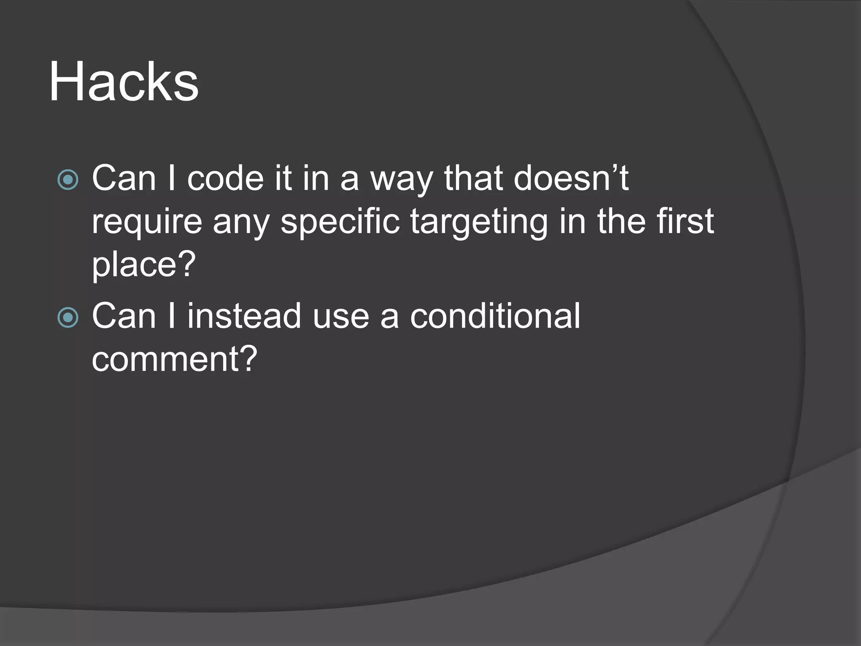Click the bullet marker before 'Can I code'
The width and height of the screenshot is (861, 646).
[x=68, y=180]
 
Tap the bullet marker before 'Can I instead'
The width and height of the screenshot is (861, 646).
[x=68, y=318]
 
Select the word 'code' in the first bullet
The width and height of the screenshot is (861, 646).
[x=225, y=178]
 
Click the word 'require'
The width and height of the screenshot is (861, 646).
[x=147, y=222]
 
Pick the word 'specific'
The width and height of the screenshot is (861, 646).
[x=340, y=222]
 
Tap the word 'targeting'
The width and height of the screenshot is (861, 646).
[x=479, y=222]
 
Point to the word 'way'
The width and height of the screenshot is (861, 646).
[x=401, y=180]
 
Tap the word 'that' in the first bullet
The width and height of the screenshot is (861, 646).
[x=473, y=178]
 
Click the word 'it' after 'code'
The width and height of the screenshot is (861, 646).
[x=283, y=178]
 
